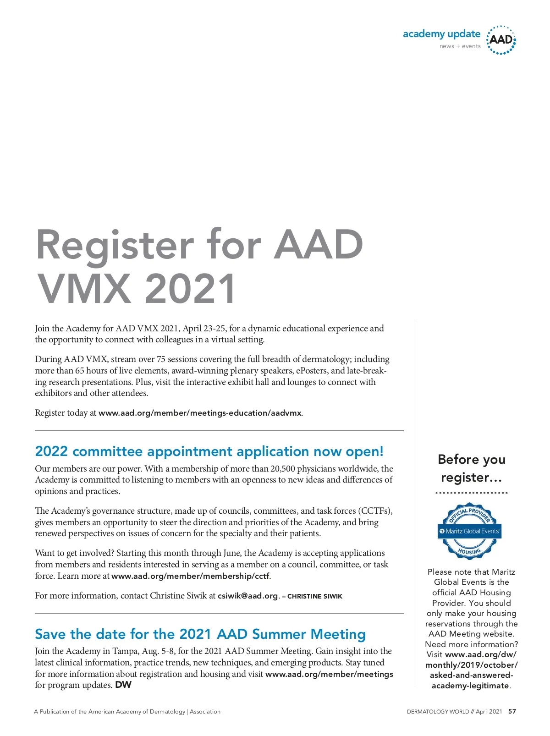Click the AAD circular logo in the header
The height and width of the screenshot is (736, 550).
pyautogui.click(x=501, y=40)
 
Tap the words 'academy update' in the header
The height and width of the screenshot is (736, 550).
pyautogui.click(x=441, y=34)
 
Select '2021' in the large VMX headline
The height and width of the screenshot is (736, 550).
pyautogui.click(x=191, y=289)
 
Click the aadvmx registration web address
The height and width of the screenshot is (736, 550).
pyautogui.click(x=200, y=413)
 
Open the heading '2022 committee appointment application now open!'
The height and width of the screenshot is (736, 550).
pyautogui.click(x=209, y=451)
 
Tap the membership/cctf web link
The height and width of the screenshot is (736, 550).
pyautogui.click(x=191, y=576)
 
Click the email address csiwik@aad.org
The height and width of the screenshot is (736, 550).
pyautogui.click(x=248, y=596)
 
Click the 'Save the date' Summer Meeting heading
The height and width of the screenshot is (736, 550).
pyautogui.click(x=200, y=634)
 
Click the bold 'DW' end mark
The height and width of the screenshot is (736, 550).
pyautogui.click(x=123, y=685)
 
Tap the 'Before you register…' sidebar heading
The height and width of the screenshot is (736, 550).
pyautogui.click(x=472, y=468)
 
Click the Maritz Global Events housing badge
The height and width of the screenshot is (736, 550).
pyautogui.click(x=470, y=531)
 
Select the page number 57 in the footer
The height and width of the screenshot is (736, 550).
pyautogui.click(x=512, y=712)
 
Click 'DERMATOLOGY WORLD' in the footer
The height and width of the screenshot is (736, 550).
pyautogui.click(x=438, y=712)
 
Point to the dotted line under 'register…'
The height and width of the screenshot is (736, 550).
pyautogui.click(x=472, y=493)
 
